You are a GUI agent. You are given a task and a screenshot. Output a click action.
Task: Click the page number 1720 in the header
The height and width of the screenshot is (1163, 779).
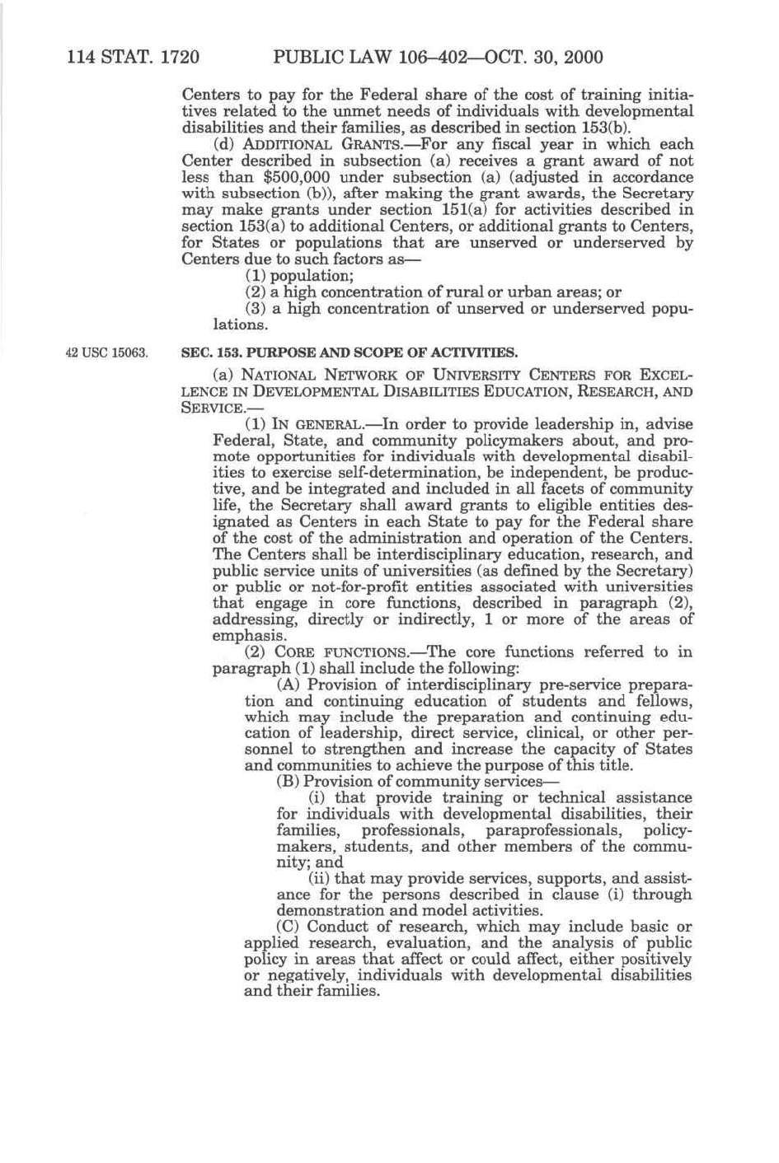180,57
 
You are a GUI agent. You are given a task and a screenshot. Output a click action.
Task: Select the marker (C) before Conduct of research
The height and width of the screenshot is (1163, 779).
289,927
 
